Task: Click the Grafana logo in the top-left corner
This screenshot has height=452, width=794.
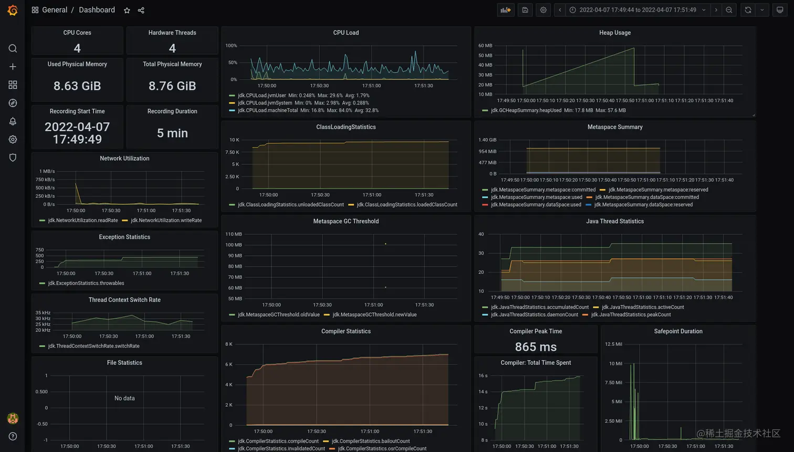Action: click(13, 10)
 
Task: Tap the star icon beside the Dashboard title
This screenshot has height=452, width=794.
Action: click(127, 10)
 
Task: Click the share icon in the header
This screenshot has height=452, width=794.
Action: click(141, 10)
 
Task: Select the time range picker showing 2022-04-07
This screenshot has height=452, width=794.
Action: click(638, 10)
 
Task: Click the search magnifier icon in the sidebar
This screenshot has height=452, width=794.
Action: click(13, 48)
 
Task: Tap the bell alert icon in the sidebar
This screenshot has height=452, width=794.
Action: click(13, 121)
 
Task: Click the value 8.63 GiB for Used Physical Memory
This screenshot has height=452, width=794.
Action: click(77, 86)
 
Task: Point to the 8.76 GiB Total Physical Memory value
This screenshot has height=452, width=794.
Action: click(172, 86)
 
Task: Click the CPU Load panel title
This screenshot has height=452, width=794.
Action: click(346, 33)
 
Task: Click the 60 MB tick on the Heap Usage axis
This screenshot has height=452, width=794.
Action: click(485, 46)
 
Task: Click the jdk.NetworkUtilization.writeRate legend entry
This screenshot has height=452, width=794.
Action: click(166, 220)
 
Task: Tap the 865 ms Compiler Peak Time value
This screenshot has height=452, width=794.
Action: click(536, 346)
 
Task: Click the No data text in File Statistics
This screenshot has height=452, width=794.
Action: click(124, 398)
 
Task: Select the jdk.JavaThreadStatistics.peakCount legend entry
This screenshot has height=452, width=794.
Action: click(631, 315)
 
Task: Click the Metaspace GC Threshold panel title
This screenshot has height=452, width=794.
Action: click(346, 222)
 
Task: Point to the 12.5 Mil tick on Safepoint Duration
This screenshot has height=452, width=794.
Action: click(613, 344)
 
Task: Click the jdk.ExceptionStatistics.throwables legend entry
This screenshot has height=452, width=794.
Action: click(86, 283)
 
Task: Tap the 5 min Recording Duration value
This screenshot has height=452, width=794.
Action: click(172, 133)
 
